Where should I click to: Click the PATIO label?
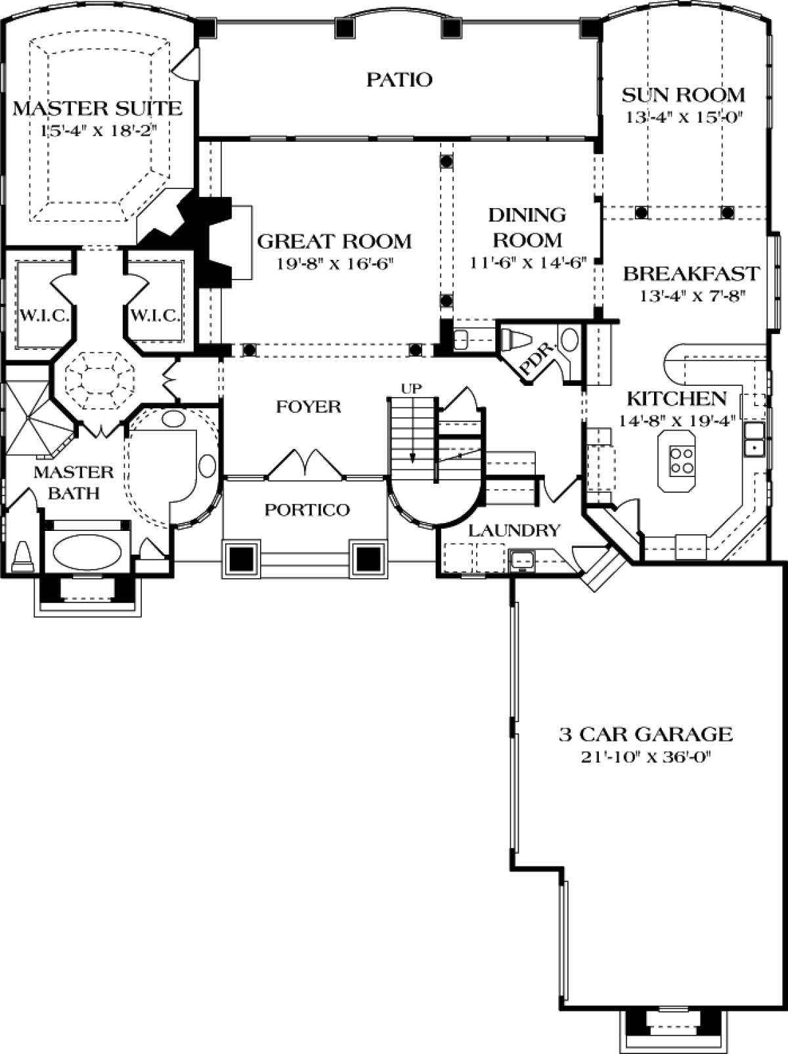point(399,79)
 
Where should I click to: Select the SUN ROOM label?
point(683,95)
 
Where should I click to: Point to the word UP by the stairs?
point(410,389)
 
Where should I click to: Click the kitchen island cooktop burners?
point(682,459)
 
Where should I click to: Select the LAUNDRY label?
point(515,530)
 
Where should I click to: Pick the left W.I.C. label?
point(45,316)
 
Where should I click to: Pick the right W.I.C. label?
point(155,316)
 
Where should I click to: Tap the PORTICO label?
point(307,509)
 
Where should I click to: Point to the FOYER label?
point(309,407)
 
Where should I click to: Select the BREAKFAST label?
point(691,274)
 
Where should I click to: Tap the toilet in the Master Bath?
point(22,557)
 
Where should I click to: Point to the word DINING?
point(527,215)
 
